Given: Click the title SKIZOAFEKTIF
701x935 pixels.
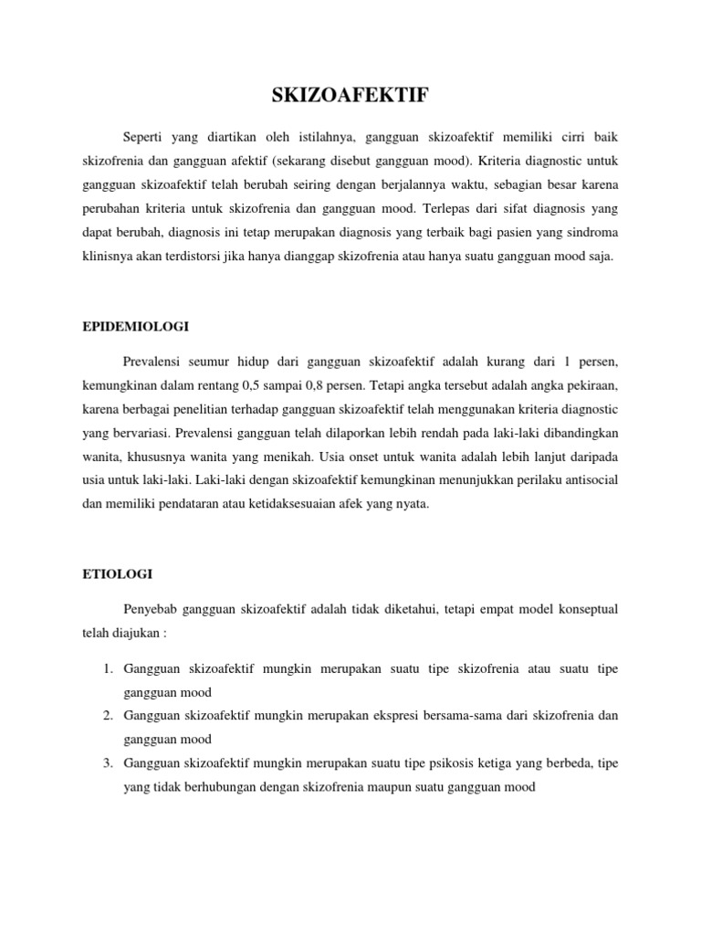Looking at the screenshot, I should (350, 95).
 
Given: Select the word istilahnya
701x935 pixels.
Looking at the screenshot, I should (321, 136).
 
